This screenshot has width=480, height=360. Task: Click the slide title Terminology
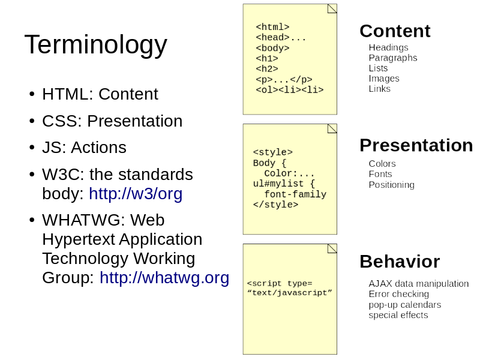(x=96, y=45)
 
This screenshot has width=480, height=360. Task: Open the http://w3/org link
(x=136, y=194)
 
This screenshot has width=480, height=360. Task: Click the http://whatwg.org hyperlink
(x=164, y=278)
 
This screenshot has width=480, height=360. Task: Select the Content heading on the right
(x=395, y=31)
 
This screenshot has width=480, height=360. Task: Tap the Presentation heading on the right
(x=416, y=145)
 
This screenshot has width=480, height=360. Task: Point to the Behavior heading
(x=400, y=262)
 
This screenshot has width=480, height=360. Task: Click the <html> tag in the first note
(x=273, y=27)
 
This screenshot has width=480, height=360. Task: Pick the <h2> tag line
(x=267, y=68)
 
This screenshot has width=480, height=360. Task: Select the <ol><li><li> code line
(x=290, y=89)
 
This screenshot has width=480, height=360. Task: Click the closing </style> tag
(x=275, y=205)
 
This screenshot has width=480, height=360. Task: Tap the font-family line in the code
(x=295, y=194)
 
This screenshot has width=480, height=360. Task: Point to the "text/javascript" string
(x=290, y=293)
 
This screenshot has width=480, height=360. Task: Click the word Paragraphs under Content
(x=393, y=58)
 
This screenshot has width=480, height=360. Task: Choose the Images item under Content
(x=384, y=79)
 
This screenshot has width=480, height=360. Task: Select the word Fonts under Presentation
(x=380, y=174)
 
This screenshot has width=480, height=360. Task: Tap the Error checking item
(x=398, y=294)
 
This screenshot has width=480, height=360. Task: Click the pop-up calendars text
(x=404, y=305)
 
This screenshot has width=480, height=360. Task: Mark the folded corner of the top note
(x=332, y=8)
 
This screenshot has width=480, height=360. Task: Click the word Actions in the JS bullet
(x=98, y=148)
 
